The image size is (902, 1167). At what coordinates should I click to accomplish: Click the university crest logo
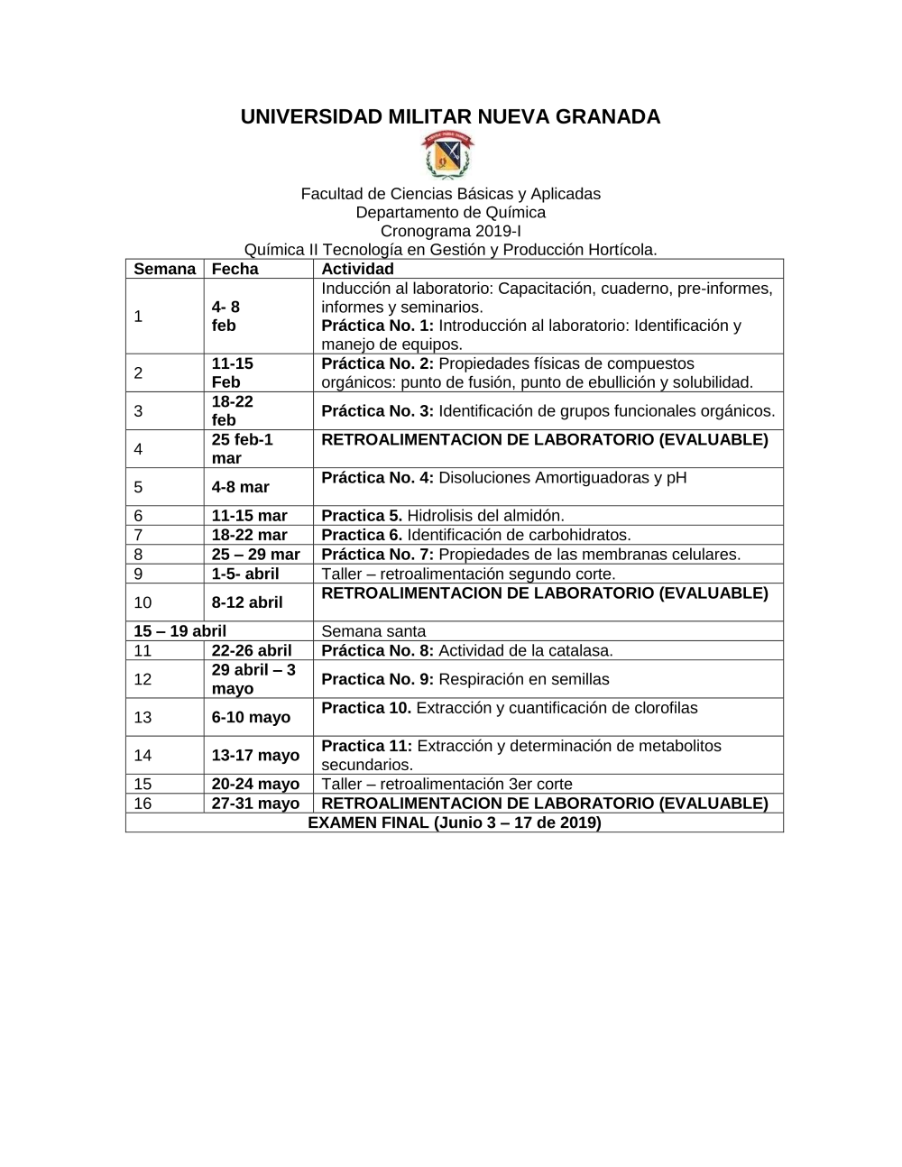449,155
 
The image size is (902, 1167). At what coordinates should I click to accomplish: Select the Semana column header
164,269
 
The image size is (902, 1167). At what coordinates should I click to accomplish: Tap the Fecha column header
235,269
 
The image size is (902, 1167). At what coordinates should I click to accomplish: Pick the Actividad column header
357,269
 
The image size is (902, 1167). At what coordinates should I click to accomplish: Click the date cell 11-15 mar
249,516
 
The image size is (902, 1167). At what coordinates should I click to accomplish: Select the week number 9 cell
138,574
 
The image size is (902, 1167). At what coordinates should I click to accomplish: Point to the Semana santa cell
373,631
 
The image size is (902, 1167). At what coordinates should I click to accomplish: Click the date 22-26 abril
252,650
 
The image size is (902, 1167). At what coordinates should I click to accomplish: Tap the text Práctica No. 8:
378,650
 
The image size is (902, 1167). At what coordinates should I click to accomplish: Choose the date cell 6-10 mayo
251,717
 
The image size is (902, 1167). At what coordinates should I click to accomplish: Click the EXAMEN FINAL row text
454,822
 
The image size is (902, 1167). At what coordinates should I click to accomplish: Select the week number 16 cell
143,804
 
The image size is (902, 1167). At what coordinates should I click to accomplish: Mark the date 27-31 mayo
255,804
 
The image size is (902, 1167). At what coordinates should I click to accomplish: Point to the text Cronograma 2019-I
450,231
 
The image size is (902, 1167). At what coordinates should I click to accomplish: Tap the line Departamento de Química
450,213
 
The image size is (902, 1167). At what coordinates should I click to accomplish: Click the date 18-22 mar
249,535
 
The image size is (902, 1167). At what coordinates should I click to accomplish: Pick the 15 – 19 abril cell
179,631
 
